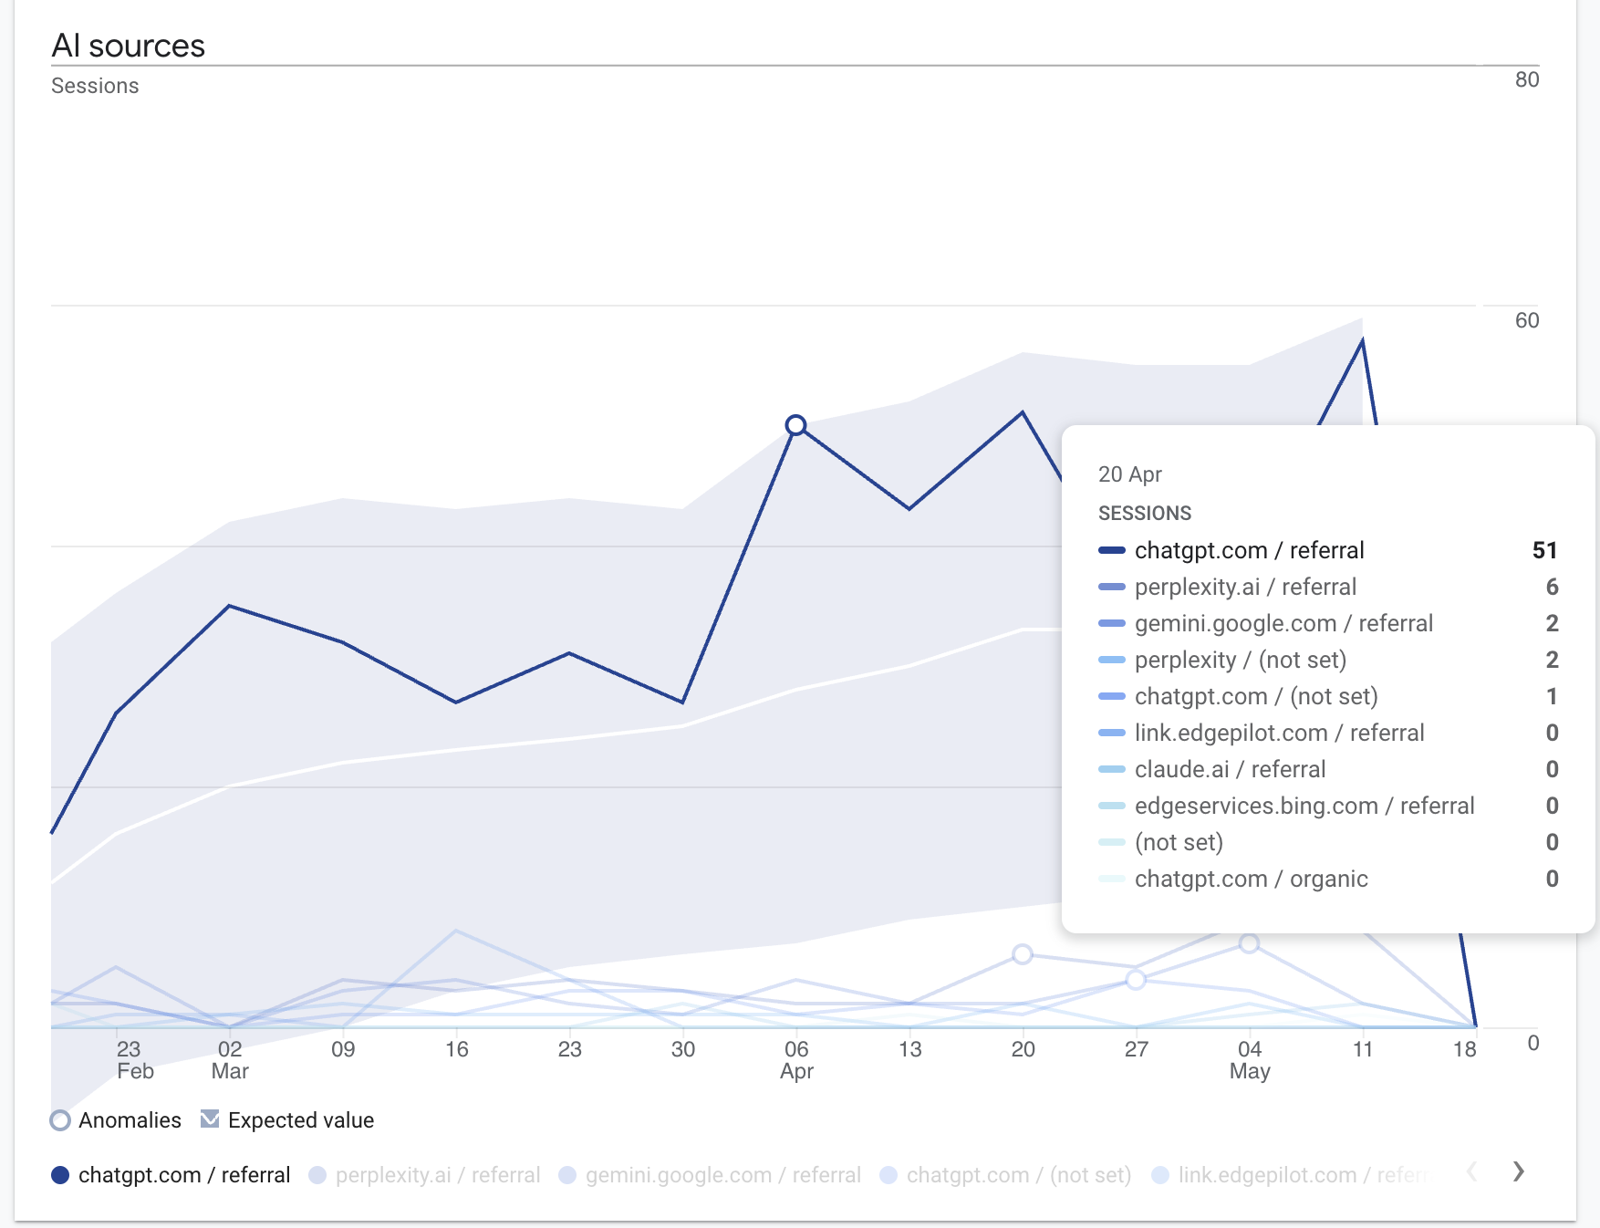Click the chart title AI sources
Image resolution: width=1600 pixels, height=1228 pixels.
pos(128,46)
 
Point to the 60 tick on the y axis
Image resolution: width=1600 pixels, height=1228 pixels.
pos(1526,320)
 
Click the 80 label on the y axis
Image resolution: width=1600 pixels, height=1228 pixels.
pos(1526,79)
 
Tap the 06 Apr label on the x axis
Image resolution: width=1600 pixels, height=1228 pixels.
pos(796,1059)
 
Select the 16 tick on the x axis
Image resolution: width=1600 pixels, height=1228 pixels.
pos(456,1049)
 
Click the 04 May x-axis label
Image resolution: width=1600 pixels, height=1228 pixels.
pos(1249,1059)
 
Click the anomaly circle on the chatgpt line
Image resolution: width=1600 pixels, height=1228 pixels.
pos(795,425)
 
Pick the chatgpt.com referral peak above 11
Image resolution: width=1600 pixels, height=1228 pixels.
pos(1362,340)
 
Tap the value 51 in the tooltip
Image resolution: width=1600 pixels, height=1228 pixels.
pos(1543,550)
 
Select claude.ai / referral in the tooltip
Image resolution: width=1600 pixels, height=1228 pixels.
pos(1230,769)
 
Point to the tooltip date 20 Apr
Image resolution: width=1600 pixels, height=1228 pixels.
pos(1129,474)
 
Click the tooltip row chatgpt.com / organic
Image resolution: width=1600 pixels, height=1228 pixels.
pos(1251,879)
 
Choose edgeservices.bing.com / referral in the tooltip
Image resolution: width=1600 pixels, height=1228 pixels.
pos(1304,806)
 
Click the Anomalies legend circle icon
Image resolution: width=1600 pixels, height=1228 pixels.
pos(60,1120)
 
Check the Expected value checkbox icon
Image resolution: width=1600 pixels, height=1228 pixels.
pos(210,1119)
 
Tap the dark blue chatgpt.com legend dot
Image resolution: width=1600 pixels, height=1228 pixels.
pos(60,1175)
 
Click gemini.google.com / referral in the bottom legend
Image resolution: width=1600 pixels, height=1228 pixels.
pos(722,1175)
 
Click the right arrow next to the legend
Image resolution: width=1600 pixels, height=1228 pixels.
pos(1518,1171)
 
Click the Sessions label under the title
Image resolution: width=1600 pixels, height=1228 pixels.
pos(95,86)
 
